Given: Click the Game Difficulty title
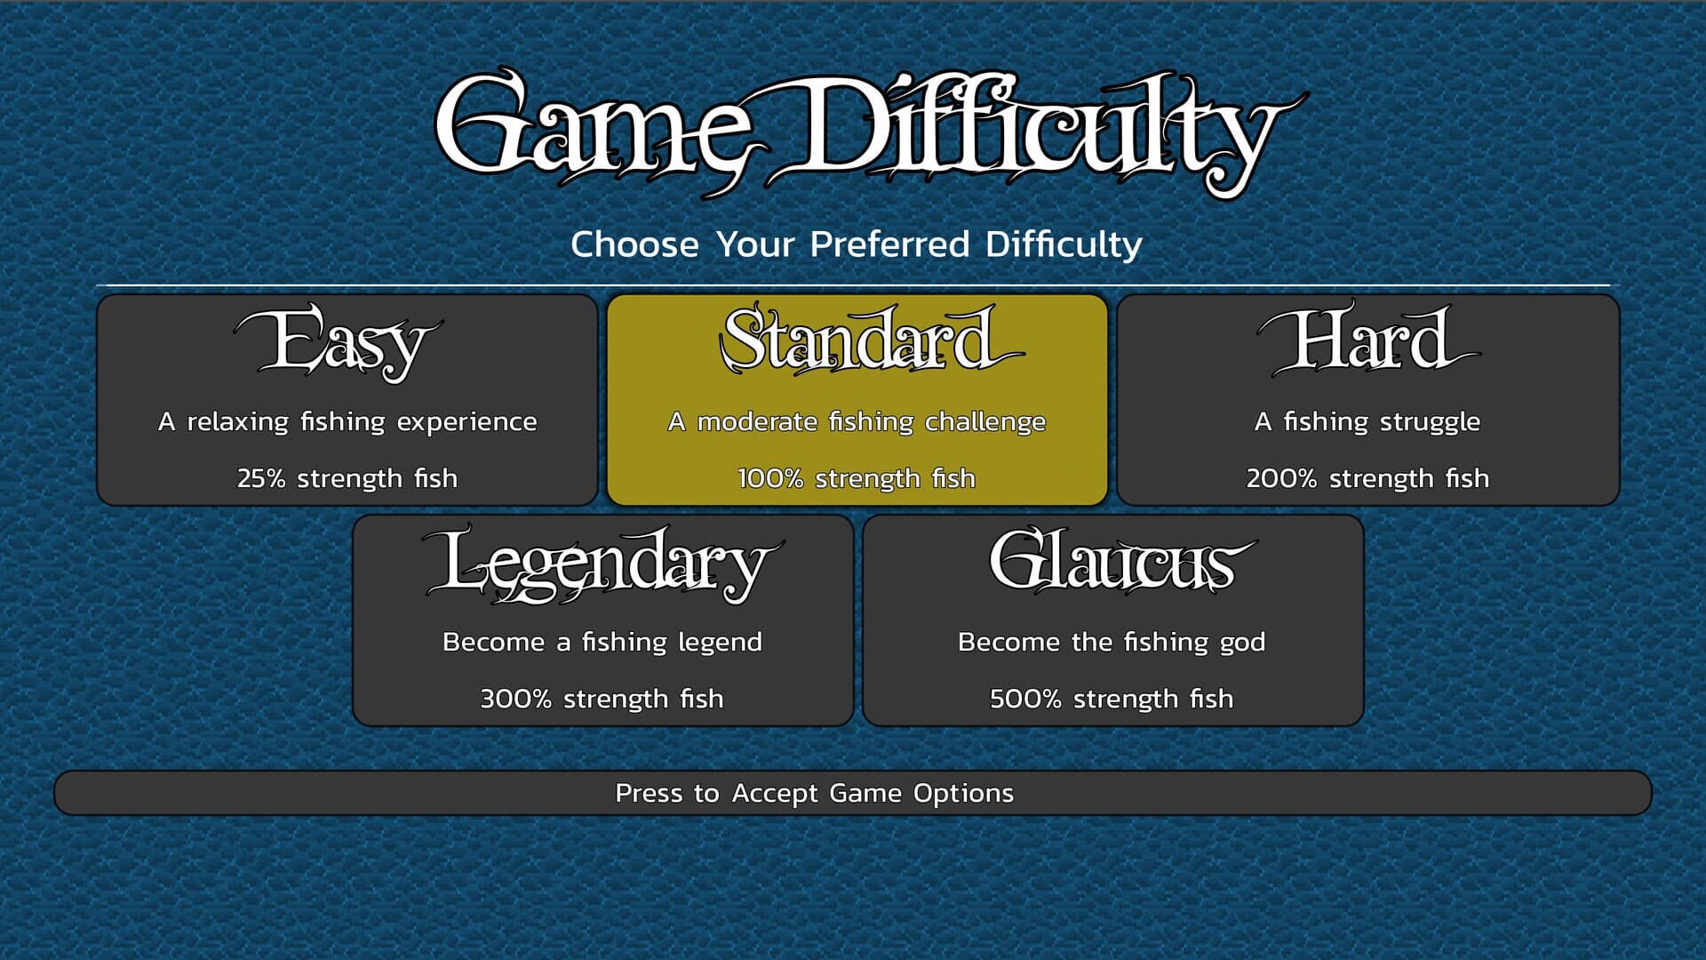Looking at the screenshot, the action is tap(871, 133).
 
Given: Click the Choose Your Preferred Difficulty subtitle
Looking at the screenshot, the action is tap(856, 244).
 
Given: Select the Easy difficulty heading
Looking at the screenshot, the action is tap(339, 342).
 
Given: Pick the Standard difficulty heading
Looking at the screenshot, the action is tap(871, 339).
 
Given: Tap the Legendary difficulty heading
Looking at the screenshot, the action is tap(602, 564).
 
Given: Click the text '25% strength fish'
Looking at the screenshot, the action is tap(347, 478).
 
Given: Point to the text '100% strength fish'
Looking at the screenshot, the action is tap(857, 478).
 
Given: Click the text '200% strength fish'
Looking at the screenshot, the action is tap(1367, 478).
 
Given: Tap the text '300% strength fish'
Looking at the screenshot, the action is tap(602, 699).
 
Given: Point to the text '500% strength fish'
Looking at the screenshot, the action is tap(1112, 699).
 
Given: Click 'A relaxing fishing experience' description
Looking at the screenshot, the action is tap(347, 421).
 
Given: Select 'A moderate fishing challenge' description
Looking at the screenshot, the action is tap(857, 421).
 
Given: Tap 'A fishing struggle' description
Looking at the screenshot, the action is tap(1367, 421).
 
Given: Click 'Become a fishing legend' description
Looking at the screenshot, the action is tap(602, 642).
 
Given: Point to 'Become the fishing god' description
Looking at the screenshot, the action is tap(1112, 642).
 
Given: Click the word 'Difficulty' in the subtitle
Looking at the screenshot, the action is tap(1064, 244).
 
